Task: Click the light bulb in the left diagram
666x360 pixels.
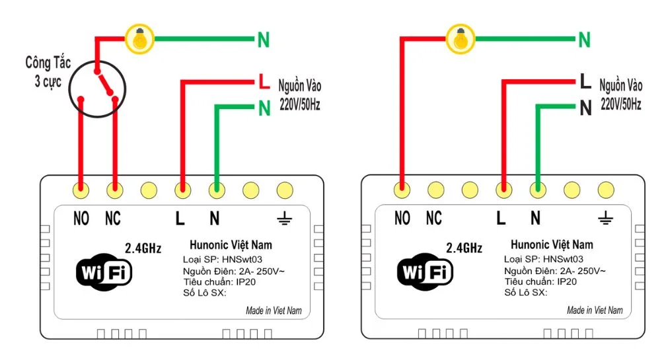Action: point(139,40)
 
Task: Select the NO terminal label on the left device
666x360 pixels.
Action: point(81,219)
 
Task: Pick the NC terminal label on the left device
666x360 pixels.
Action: point(114,219)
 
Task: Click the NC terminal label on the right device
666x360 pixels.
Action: point(434,219)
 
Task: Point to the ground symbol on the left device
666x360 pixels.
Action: point(284,218)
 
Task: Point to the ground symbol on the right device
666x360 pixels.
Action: point(605,218)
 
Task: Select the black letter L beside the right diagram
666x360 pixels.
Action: point(585,83)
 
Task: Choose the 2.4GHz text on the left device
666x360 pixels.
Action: point(143,249)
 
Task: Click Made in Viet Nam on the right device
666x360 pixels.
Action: point(595,310)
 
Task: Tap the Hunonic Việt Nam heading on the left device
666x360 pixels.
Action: point(231,245)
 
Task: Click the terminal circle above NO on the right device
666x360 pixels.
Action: point(402,190)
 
